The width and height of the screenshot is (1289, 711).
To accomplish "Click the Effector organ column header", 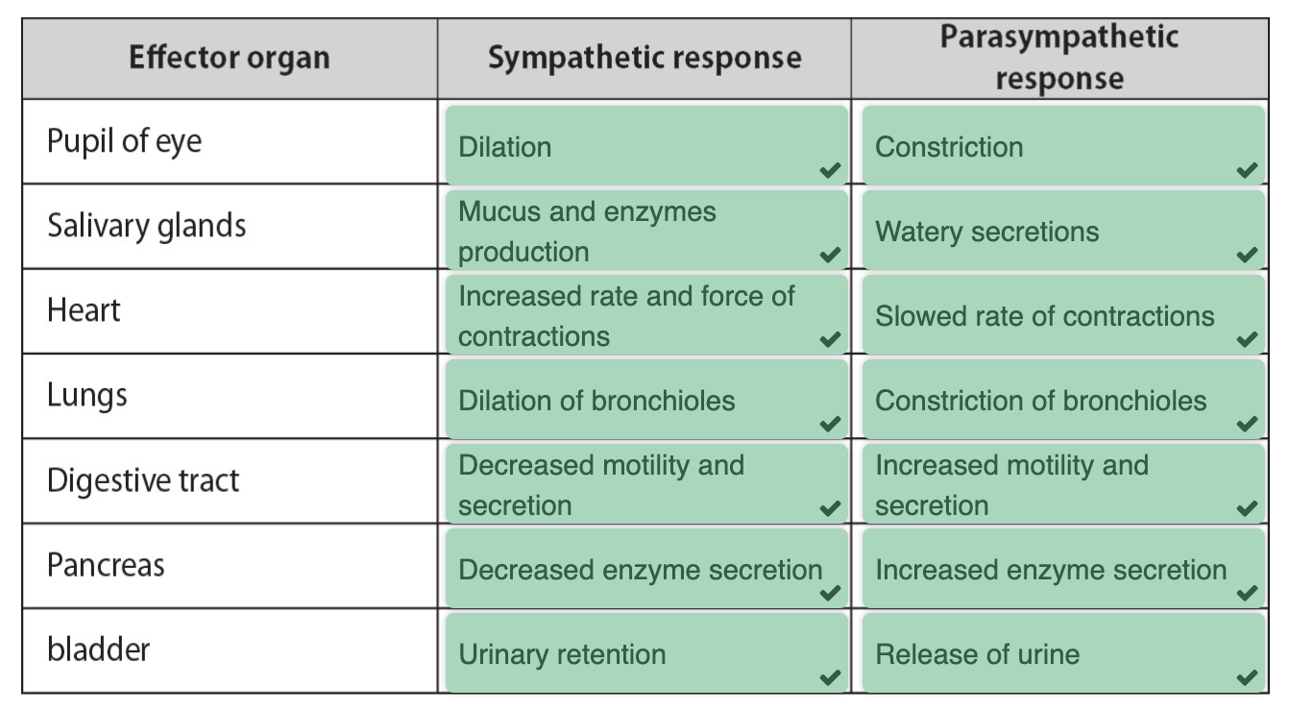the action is click(x=229, y=59).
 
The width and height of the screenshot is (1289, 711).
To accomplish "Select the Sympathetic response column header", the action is click(x=644, y=59).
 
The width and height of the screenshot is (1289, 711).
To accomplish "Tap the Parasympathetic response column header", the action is click(x=1059, y=58).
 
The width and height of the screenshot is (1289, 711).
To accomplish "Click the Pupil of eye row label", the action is click(x=124, y=141).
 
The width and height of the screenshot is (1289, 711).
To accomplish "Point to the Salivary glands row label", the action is click(x=147, y=226).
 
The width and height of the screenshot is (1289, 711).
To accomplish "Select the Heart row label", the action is click(x=84, y=310).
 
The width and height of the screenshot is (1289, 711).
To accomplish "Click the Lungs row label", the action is click(x=86, y=396).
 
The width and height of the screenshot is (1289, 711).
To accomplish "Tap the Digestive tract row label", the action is click(x=143, y=480).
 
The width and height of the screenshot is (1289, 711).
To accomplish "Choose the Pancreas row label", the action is click(x=106, y=565).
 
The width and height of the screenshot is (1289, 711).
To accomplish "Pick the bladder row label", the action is click(x=98, y=649).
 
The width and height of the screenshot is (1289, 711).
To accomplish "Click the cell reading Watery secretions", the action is click(x=1063, y=231).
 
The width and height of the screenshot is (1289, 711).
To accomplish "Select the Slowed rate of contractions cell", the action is click(x=1063, y=315).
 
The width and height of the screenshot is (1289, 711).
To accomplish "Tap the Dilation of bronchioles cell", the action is click(x=646, y=400).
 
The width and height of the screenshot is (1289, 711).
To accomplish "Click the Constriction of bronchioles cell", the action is click(x=1063, y=400).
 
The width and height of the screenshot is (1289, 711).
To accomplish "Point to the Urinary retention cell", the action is click(x=646, y=652).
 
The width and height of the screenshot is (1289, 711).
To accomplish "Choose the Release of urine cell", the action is click(x=1063, y=652).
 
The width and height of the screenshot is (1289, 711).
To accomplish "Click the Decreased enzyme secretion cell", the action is click(x=646, y=568).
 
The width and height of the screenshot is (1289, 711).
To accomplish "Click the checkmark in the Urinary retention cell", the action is click(x=831, y=677).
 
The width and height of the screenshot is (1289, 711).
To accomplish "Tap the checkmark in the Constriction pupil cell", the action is click(x=1247, y=170).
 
